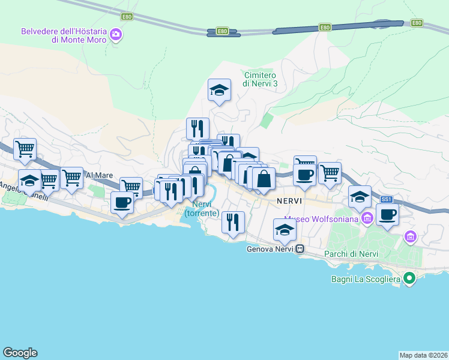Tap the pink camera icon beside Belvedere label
[116, 35]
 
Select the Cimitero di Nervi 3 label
[261, 79]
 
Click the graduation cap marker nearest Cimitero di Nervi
[219, 91]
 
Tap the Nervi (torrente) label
[202, 209]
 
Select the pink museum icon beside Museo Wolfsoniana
[366, 218]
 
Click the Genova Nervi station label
[270, 249]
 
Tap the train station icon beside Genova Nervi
[300, 249]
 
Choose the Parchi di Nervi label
[351, 254]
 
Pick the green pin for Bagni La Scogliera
[409, 278]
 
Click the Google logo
[20, 353]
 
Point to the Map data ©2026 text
[423, 355]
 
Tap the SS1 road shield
[387, 199]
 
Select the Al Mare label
[99, 175]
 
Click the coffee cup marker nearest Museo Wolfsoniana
[387, 214]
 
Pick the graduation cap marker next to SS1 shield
[360, 197]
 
